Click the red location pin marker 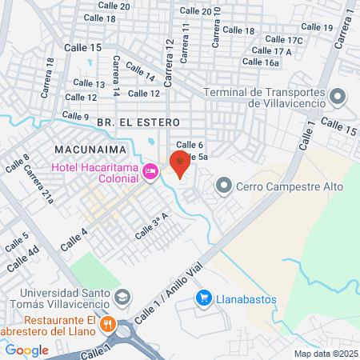pyautogui.click(x=181, y=163)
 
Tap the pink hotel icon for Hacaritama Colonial pyautogui.click(x=150, y=170)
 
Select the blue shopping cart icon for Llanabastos pyautogui.click(x=204, y=299)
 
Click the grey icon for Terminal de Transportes pyautogui.click(x=338, y=98)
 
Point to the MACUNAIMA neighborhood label pyautogui.click(x=87, y=150)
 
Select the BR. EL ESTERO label pyautogui.click(x=128, y=122)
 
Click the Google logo pyautogui.click(x=27, y=350)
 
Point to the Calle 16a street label pyautogui.click(x=261, y=62)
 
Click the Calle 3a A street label pyautogui.click(x=154, y=226)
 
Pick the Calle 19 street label pyautogui.click(x=318, y=28)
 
